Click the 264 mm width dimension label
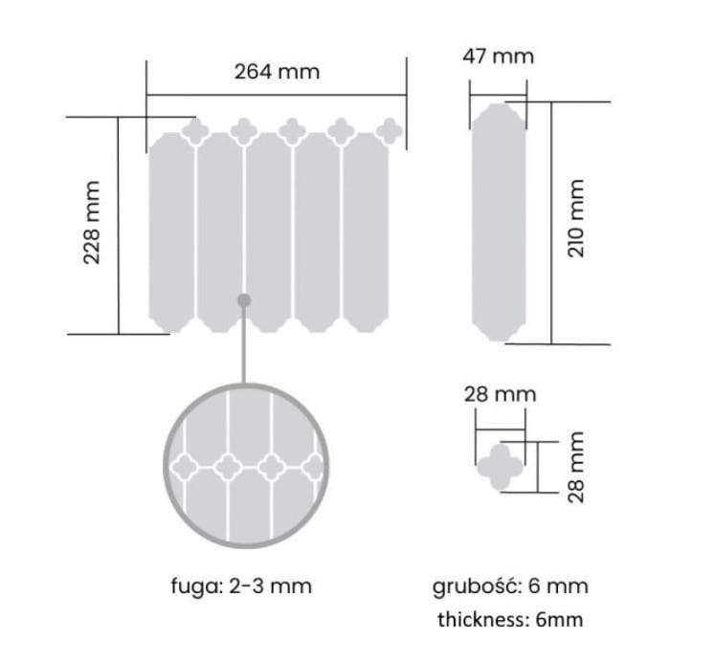[277, 72]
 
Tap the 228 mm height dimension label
[92, 222]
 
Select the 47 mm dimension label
[498, 56]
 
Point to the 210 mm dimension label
[576, 218]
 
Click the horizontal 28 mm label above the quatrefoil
[500, 394]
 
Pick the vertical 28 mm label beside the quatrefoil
[576, 467]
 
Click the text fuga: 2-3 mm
[241, 586]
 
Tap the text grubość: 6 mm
[510, 586]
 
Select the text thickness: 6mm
[510, 620]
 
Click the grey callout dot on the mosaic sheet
[244, 300]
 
